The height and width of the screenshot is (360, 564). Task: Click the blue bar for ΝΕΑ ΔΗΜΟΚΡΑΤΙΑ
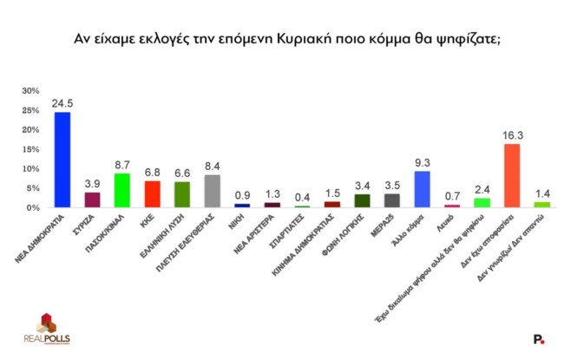pos(62,160)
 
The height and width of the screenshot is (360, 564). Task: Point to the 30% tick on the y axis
pos(30,90)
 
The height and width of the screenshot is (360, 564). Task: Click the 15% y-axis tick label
pos(30,149)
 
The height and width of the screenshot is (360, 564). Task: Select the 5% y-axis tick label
pos(32,188)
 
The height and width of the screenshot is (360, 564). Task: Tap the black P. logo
pos(539,339)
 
